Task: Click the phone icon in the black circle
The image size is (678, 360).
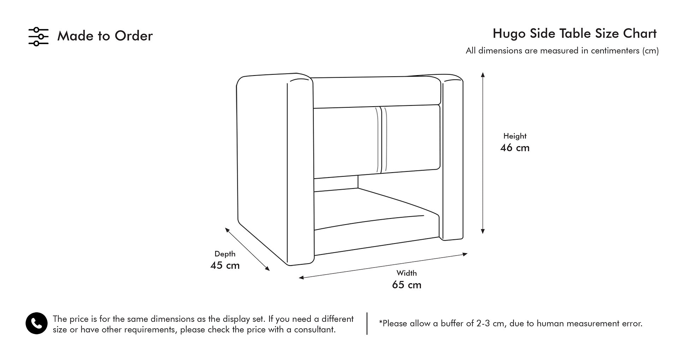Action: [36, 323]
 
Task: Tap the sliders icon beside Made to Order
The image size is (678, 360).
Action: [38, 36]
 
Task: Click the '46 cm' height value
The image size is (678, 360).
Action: [515, 148]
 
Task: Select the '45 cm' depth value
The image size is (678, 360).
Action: [225, 265]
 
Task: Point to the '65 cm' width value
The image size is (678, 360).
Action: [407, 285]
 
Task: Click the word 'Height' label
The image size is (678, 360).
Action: [515, 136]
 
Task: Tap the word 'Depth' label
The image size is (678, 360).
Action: [225, 254]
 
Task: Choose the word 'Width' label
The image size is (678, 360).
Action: [407, 273]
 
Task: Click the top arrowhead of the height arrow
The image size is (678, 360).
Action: [483, 74]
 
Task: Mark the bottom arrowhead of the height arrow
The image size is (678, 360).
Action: [483, 231]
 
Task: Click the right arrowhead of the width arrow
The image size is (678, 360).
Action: [465, 254]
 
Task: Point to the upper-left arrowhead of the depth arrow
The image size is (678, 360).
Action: [227, 230]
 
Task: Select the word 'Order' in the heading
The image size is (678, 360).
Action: [133, 36]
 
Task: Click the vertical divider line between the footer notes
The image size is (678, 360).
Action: [367, 323]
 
